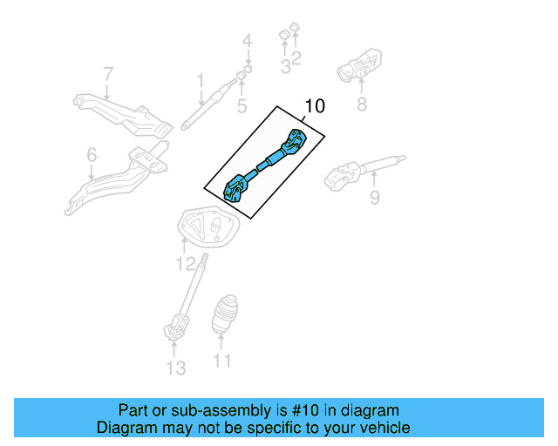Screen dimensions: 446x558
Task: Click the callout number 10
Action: coord(314,107)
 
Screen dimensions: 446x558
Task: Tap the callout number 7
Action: coord(108,74)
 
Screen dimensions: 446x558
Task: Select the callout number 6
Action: coord(92,155)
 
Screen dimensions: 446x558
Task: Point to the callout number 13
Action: coord(176,368)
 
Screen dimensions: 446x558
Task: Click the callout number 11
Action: coord(223,360)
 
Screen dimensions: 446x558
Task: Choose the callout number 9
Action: coord(374,199)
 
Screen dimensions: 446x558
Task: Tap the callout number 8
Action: coord(360,105)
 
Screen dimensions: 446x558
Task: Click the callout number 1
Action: coord(200,81)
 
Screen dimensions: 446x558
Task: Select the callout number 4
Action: coord(247,40)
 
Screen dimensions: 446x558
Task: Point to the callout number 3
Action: coord(285,66)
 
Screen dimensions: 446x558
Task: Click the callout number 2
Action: coord(296,58)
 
